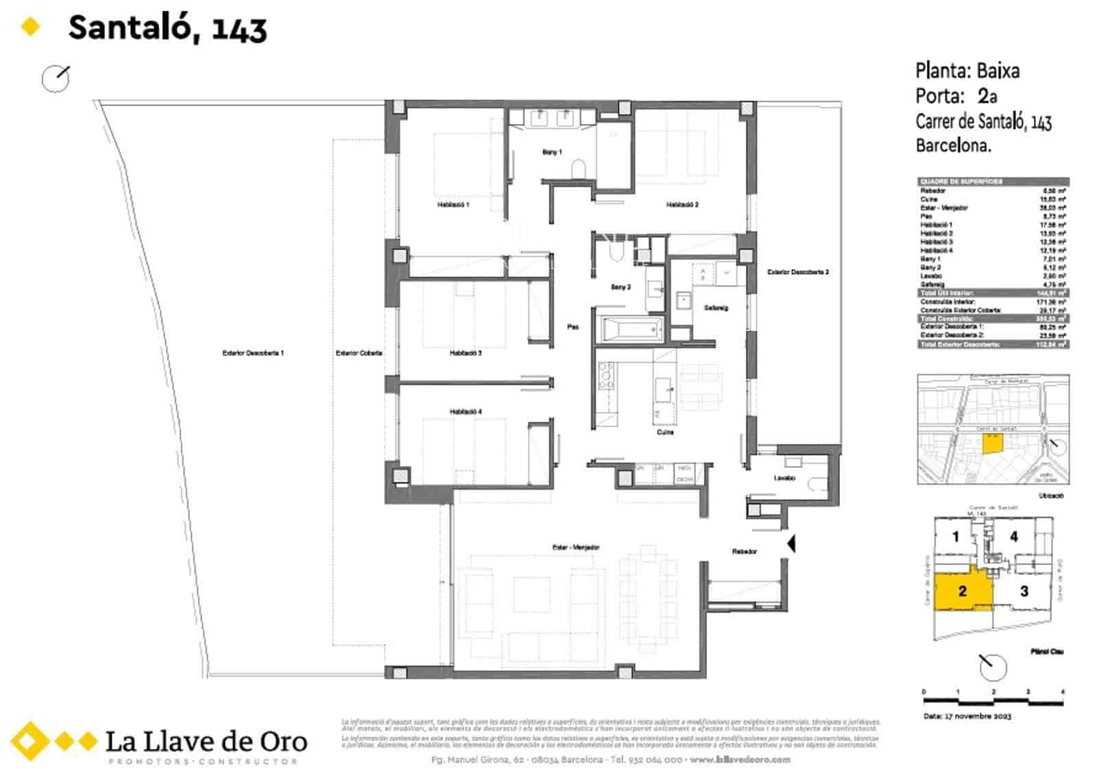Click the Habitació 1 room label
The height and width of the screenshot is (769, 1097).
pyautogui.click(x=453, y=204)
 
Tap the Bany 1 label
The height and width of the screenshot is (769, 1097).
pyautogui.click(x=552, y=152)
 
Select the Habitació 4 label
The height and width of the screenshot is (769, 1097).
pyautogui.click(x=466, y=411)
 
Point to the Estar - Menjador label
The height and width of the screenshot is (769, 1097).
pyautogui.click(x=576, y=547)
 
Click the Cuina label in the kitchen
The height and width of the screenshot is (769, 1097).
pyautogui.click(x=665, y=432)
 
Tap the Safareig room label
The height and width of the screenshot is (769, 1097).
pyautogui.click(x=716, y=308)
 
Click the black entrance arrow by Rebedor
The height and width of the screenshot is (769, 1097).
pyautogui.click(x=791, y=544)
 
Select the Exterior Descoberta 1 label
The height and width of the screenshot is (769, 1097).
pyautogui.click(x=252, y=353)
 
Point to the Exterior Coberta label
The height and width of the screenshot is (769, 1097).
pyautogui.click(x=359, y=353)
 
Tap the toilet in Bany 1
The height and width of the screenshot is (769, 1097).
pyautogui.click(x=578, y=169)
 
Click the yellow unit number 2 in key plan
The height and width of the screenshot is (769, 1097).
pyautogui.click(x=963, y=591)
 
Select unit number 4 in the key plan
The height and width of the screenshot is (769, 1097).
pyautogui.click(x=1013, y=537)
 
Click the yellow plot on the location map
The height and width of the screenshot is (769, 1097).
pyautogui.click(x=991, y=443)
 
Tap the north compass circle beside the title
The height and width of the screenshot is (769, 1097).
pyautogui.click(x=55, y=79)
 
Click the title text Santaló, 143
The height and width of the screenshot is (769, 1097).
pyautogui.click(x=167, y=28)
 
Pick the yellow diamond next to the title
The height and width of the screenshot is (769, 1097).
pyautogui.click(x=30, y=27)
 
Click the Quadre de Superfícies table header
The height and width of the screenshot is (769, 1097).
pyautogui.click(x=993, y=182)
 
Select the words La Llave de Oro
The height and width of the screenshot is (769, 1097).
pyautogui.click(x=206, y=741)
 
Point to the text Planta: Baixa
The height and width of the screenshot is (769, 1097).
pyautogui.click(x=967, y=71)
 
